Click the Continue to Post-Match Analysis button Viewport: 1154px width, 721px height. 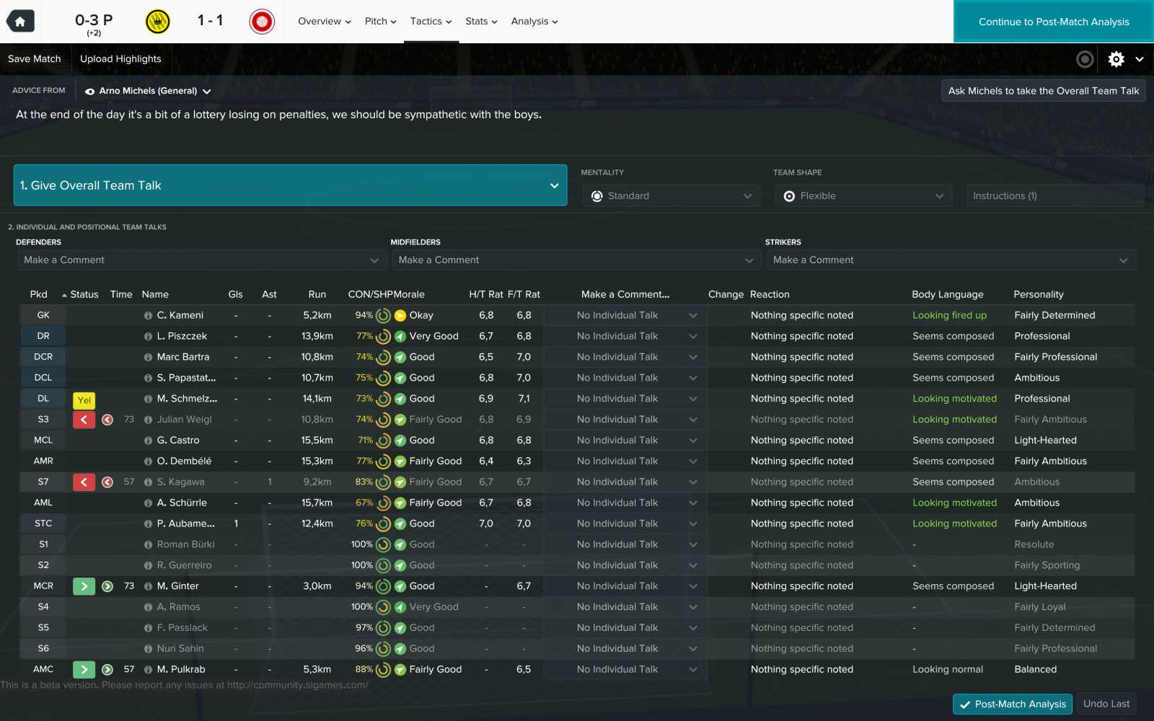1053,22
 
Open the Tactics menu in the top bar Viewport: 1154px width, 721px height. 431,22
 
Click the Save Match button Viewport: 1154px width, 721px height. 35,59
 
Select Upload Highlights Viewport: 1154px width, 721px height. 120,59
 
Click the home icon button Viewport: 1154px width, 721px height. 20,22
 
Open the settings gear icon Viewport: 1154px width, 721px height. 1116,59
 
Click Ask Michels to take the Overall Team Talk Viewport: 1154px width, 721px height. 1043,91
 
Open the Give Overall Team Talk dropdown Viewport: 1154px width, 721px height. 290,185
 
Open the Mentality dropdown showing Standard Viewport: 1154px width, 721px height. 671,196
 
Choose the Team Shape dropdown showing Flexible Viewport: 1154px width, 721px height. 863,196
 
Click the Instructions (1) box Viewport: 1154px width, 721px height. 1054,196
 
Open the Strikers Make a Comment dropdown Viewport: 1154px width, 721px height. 950,260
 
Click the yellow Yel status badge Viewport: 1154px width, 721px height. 84,400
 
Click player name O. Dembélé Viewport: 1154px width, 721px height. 184,461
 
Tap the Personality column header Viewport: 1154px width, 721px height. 1038,294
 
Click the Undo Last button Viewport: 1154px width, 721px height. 1106,704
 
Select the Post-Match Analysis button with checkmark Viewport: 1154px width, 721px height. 1012,704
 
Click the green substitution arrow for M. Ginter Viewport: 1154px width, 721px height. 84,587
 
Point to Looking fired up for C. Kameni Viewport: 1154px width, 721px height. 949,315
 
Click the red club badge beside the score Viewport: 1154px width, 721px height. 262,22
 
